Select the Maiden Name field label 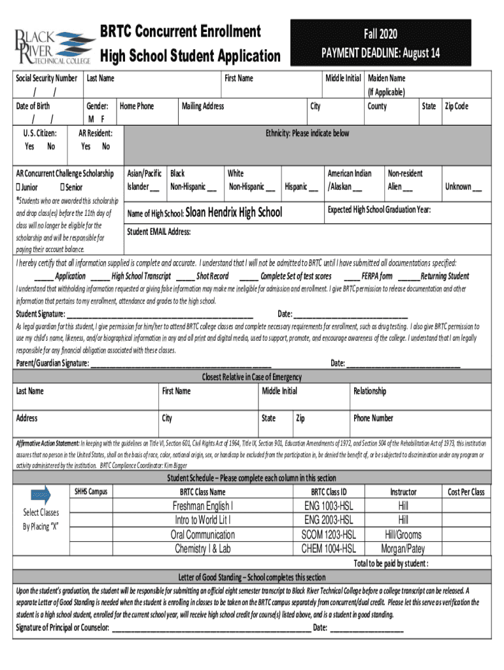(x=387, y=79)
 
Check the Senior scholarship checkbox (x=62, y=187)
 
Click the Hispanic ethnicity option (x=302, y=187)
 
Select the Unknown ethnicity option (x=463, y=187)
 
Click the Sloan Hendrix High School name (x=234, y=212)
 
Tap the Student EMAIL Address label (x=158, y=232)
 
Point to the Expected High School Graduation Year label (x=379, y=209)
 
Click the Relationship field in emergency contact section (x=370, y=391)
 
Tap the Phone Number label (x=373, y=418)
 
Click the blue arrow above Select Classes (x=41, y=495)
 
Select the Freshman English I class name (x=202, y=506)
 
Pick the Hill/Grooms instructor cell (x=403, y=535)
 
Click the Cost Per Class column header (x=466, y=492)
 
